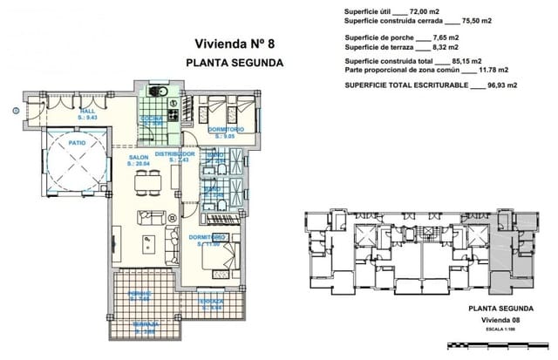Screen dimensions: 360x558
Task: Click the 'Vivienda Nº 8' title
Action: (x=235, y=44)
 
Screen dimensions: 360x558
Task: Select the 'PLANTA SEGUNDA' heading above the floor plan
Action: (x=235, y=63)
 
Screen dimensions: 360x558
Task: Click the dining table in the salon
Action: (x=149, y=182)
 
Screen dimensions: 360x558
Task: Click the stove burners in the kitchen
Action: (x=174, y=113)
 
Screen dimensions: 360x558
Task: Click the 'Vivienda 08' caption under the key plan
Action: (x=500, y=320)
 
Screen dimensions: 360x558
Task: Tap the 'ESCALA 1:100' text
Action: (x=500, y=330)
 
